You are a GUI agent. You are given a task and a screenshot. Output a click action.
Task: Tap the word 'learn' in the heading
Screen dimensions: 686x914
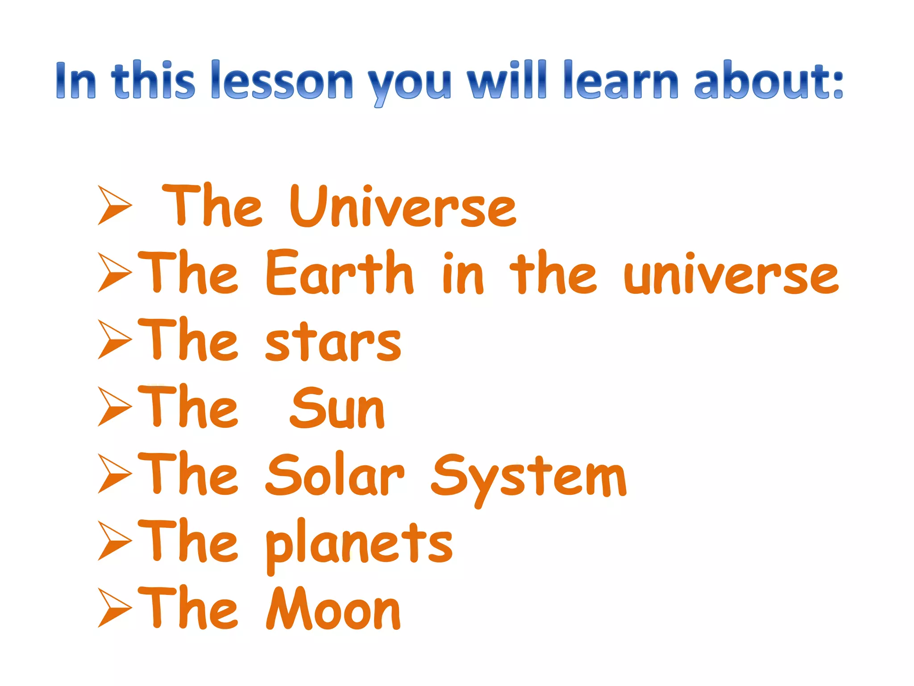click(x=621, y=80)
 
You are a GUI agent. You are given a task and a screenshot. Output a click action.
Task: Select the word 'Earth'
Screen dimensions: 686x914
click(x=340, y=273)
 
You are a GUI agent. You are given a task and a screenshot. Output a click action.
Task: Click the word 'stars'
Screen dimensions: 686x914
click(x=333, y=342)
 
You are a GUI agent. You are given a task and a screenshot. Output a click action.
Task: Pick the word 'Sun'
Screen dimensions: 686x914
click(x=337, y=408)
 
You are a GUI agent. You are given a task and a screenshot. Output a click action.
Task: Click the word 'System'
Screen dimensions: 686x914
click(x=528, y=477)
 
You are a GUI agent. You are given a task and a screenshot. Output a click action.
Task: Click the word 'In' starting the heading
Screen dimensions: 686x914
click(x=76, y=80)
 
